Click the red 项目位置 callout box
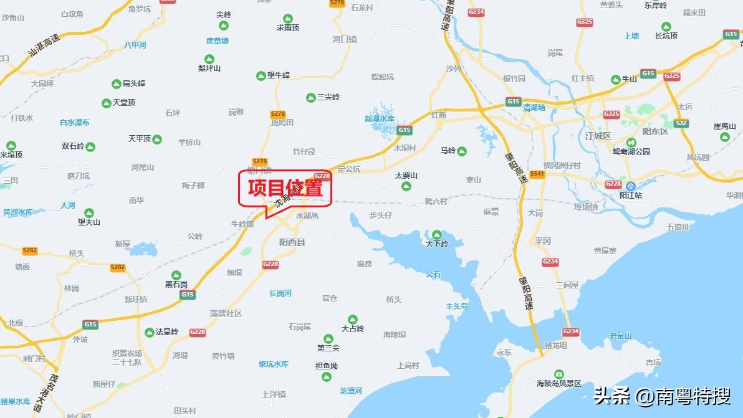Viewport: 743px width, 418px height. point(285,188)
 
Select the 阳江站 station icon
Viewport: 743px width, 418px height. point(631,186)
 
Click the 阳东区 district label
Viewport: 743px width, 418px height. point(655,132)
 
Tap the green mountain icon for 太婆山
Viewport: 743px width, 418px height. point(406,186)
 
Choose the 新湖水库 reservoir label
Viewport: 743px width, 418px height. point(380,119)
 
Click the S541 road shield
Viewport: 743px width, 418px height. point(537,174)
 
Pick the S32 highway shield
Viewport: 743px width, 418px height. point(681,123)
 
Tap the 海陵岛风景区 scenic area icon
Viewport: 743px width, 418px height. point(558,373)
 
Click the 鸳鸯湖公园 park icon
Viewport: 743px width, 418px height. point(631,143)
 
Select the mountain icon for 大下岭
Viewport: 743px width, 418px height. point(436,234)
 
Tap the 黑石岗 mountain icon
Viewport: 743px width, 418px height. point(176,275)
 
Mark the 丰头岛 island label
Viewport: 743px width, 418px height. point(456,306)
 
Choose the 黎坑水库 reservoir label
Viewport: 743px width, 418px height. point(274,364)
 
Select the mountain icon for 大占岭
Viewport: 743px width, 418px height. point(353,319)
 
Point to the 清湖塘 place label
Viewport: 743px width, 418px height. point(534,108)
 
